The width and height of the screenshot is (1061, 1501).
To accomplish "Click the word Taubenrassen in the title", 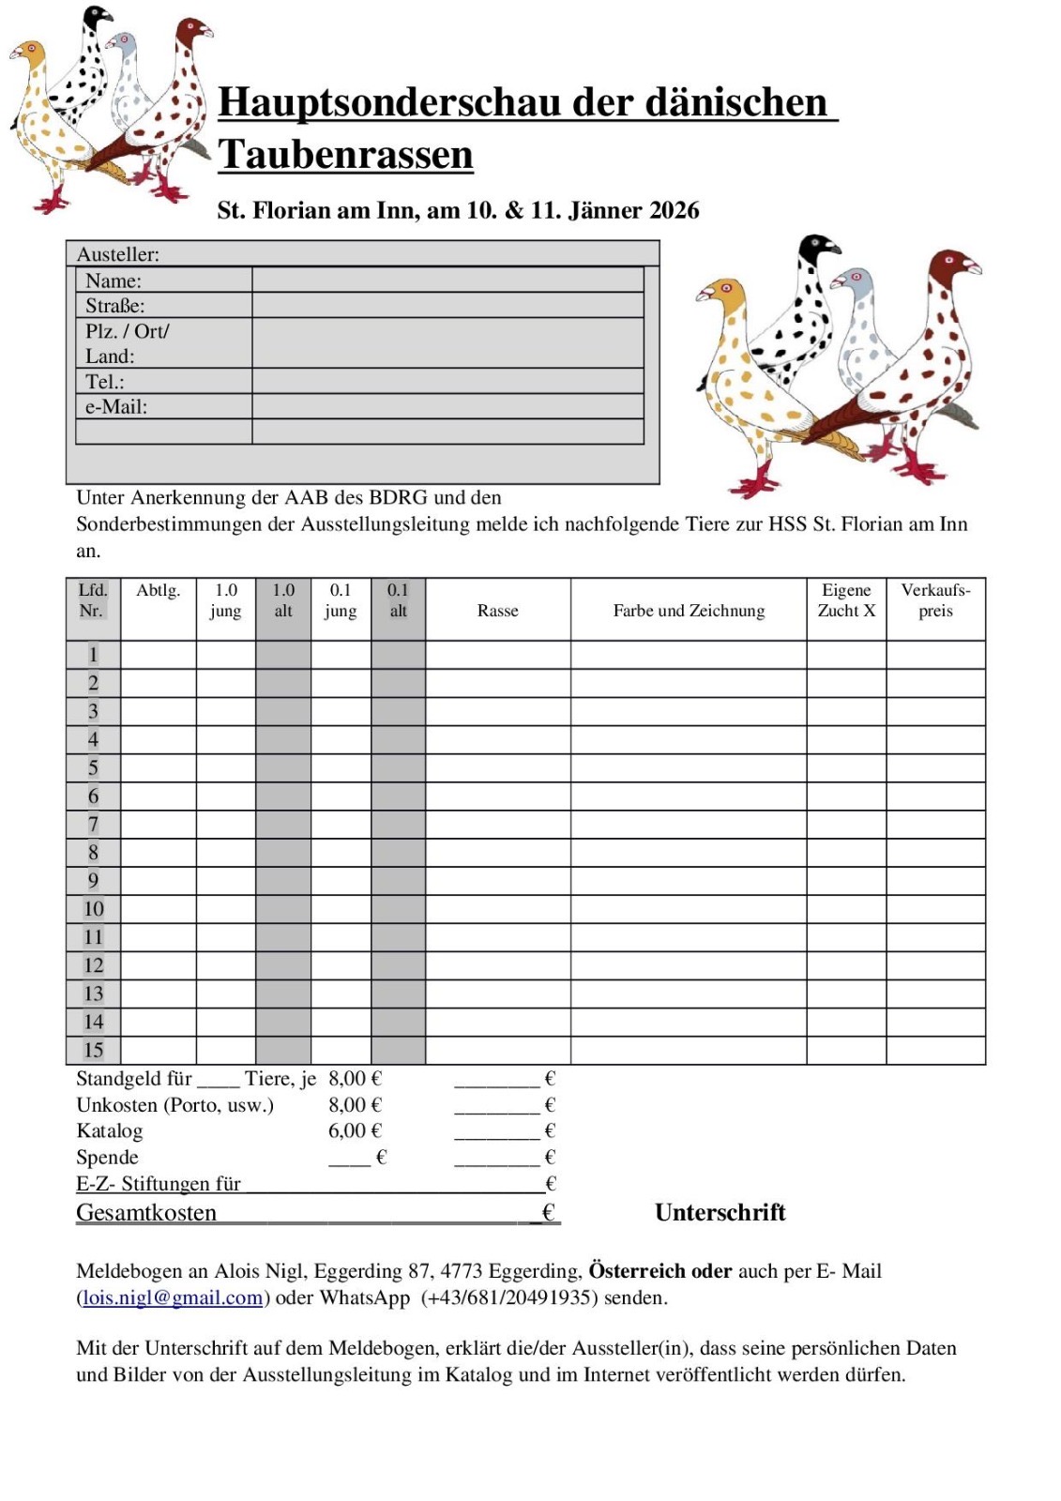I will (x=345, y=155).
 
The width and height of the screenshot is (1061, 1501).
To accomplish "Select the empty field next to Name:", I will (x=447, y=280).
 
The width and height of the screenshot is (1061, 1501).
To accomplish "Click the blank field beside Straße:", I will (x=447, y=305).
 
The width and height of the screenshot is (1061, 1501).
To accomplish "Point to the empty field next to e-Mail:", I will (x=447, y=406).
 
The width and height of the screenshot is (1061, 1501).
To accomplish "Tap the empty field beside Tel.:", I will (x=447, y=381).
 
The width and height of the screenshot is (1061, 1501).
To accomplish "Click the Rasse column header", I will (x=497, y=611).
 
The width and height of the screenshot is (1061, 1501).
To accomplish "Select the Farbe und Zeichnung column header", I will (x=689, y=611).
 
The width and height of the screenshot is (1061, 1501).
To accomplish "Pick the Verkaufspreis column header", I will (x=935, y=600).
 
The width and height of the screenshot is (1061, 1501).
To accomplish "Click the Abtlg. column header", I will (x=158, y=590).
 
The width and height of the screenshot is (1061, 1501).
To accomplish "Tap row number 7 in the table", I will (x=93, y=825).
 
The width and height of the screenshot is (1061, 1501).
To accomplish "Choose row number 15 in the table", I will (x=93, y=1051).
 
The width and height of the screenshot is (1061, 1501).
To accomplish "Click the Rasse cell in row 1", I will (x=497, y=655).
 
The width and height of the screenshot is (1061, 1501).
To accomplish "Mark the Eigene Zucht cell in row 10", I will (x=845, y=909).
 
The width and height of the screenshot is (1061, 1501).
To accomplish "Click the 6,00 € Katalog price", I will (x=355, y=1131).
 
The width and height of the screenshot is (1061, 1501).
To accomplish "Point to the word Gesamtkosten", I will (x=146, y=1213).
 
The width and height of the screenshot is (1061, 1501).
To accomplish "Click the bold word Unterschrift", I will (x=720, y=1213).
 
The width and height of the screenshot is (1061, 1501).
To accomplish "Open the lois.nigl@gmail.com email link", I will (x=173, y=1298).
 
